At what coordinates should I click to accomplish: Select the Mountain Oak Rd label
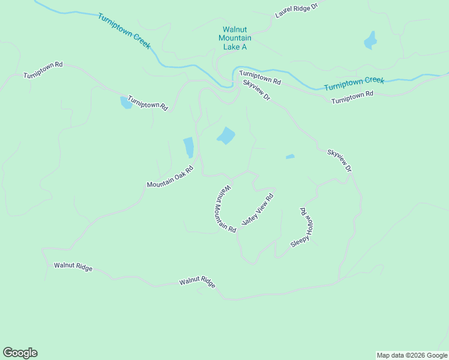click(171, 176)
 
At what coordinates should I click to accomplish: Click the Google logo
click(20, 353)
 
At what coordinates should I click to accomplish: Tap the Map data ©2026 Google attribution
click(412, 355)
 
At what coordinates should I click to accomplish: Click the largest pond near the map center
click(226, 136)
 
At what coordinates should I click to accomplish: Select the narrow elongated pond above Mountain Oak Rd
click(188, 147)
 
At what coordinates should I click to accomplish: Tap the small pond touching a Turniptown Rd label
click(126, 103)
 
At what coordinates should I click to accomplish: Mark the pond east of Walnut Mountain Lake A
click(370, 41)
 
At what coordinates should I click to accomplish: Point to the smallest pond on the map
click(291, 157)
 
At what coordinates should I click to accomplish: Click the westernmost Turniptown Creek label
click(124, 31)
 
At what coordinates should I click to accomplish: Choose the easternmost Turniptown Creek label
click(354, 83)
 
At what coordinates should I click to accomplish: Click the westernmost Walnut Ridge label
click(73, 266)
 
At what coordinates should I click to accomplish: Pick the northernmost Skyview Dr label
click(257, 90)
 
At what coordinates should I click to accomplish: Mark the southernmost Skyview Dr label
click(339, 161)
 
